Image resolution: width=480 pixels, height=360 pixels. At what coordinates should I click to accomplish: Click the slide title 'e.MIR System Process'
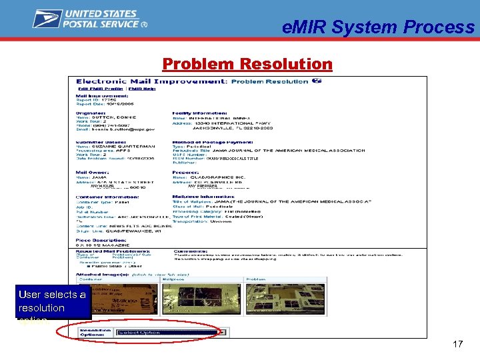pyautogui.click(x=378, y=27)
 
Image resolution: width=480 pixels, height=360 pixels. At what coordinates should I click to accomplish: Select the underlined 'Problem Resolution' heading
pyautogui.click(x=247, y=64)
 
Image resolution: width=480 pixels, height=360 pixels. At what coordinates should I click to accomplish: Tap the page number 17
pyautogui.click(x=457, y=345)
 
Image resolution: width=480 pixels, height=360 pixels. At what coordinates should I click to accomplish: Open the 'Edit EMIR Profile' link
pyautogui.click(x=101, y=89)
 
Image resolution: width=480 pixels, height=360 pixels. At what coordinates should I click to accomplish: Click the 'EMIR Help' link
pyautogui.click(x=142, y=89)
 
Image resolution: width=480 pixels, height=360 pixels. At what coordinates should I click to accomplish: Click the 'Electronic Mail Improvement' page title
pyautogui.click(x=153, y=81)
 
